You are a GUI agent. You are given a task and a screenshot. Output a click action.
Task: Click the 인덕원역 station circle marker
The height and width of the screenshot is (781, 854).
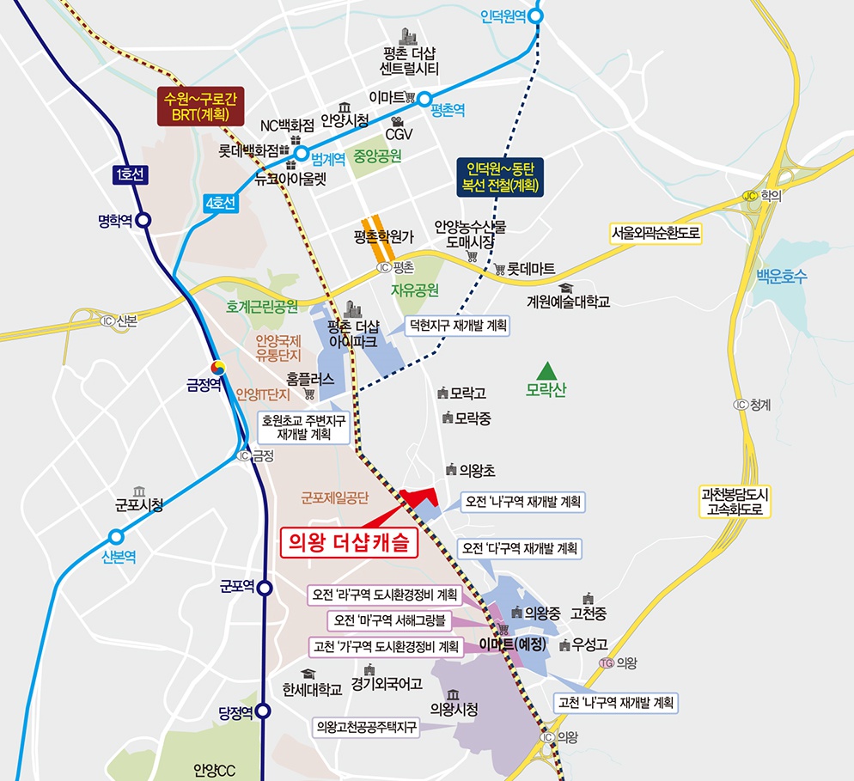pyautogui.click(x=537, y=15)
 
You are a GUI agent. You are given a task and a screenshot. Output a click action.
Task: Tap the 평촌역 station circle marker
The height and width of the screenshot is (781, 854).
pyautogui.click(x=424, y=100)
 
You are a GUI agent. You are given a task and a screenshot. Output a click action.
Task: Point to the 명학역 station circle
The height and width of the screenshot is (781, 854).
pyautogui.click(x=143, y=220)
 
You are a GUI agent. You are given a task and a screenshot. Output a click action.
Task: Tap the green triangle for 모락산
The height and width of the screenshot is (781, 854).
pyautogui.click(x=544, y=371)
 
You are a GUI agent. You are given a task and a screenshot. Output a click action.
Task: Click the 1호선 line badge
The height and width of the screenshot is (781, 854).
pyautogui.click(x=130, y=175)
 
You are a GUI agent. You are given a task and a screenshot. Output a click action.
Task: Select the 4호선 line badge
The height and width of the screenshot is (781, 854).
pyautogui.click(x=221, y=204)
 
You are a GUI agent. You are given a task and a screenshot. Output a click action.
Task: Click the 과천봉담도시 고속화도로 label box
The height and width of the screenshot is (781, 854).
pyautogui.click(x=736, y=502)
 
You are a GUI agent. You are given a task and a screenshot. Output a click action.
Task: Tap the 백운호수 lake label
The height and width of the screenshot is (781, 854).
pyautogui.click(x=782, y=277)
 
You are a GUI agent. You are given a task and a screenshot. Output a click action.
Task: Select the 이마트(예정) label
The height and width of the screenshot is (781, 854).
pyautogui.click(x=514, y=644)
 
